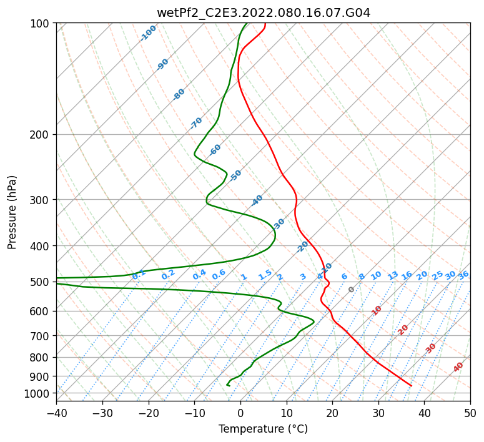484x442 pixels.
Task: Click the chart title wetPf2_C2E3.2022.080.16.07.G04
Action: click(264, 13)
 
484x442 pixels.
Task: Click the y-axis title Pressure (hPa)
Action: click(12, 212)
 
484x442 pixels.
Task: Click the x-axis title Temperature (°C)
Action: click(264, 429)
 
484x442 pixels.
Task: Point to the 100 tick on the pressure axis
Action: click(43, 24)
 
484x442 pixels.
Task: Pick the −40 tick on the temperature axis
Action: click(56, 413)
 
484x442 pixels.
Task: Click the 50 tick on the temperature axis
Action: click(470, 413)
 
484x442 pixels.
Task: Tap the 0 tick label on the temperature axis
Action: click(240, 413)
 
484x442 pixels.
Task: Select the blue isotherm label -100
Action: click(148, 33)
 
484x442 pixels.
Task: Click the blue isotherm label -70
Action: click(196, 123)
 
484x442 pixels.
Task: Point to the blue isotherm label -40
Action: click(257, 200)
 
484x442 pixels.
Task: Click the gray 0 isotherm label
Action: click(351, 289)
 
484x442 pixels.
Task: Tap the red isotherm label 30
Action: click(430, 348)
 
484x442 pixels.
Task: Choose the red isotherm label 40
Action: click(458, 367)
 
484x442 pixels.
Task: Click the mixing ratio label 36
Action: click(463, 275)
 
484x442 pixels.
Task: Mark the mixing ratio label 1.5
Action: click(265, 275)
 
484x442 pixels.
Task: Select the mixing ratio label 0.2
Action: click(168, 275)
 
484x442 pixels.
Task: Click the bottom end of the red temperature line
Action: click(411, 386)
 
